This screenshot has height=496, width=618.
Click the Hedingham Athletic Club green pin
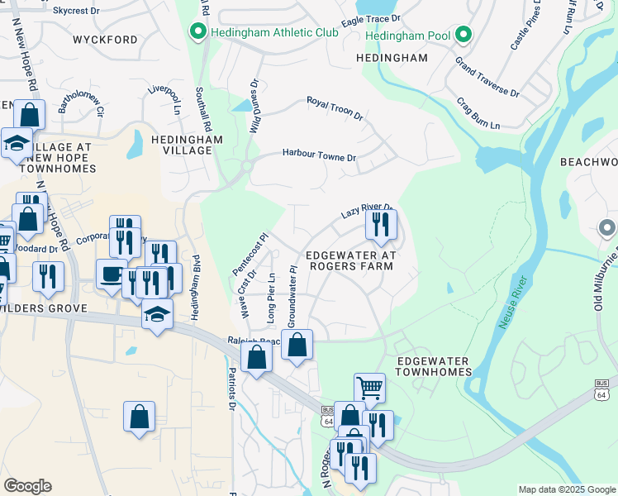197,33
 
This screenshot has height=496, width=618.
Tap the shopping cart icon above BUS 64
369,386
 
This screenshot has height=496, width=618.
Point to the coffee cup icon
111,274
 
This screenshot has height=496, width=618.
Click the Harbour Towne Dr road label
319,155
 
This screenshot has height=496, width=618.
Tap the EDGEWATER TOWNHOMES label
433,367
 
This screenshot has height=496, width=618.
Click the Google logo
27,486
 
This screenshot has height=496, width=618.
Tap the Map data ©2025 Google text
566,489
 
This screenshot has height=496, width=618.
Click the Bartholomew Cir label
81,102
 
